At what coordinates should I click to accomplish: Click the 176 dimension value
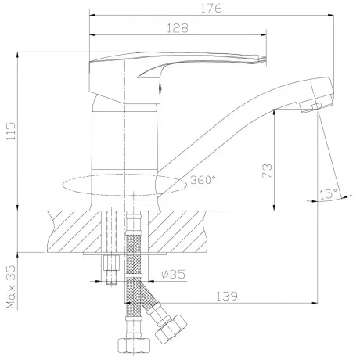pyautogui.click(x=211, y=9)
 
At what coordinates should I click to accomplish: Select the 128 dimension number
pyautogui.click(x=178, y=28)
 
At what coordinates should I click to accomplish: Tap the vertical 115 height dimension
pyautogui.click(x=11, y=131)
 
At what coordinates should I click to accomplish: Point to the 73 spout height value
pyautogui.click(x=267, y=171)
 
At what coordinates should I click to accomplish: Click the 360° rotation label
pyautogui.click(x=203, y=180)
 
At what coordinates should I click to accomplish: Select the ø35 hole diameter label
pyautogui.click(x=173, y=275)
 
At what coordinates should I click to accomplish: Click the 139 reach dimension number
pyautogui.click(x=227, y=297)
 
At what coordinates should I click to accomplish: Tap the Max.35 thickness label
pyautogui.click(x=11, y=287)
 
